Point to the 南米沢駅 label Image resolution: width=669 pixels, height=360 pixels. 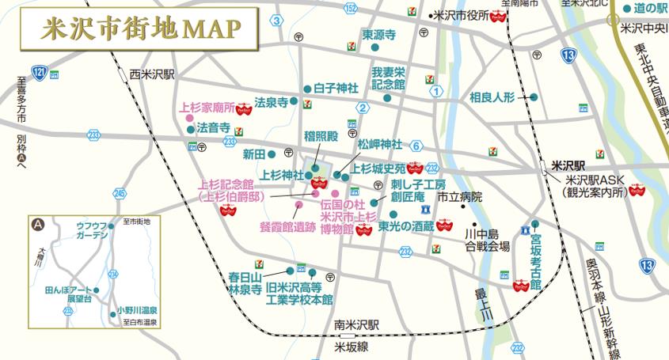tap(357, 324)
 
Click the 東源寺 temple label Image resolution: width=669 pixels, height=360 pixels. tap(378, 35)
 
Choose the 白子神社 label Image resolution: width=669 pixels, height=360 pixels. tap(336, 88)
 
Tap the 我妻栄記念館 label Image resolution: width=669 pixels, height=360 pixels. tap(388, 77)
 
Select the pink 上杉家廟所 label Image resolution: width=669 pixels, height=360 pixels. tap(208, 108)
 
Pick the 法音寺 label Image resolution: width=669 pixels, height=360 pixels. tap(214, 127)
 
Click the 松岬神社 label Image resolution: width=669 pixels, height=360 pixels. tap(380, 145)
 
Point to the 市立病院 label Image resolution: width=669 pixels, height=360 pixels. tap(459, 196)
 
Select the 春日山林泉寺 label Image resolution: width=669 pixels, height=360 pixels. tap(245, 284)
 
